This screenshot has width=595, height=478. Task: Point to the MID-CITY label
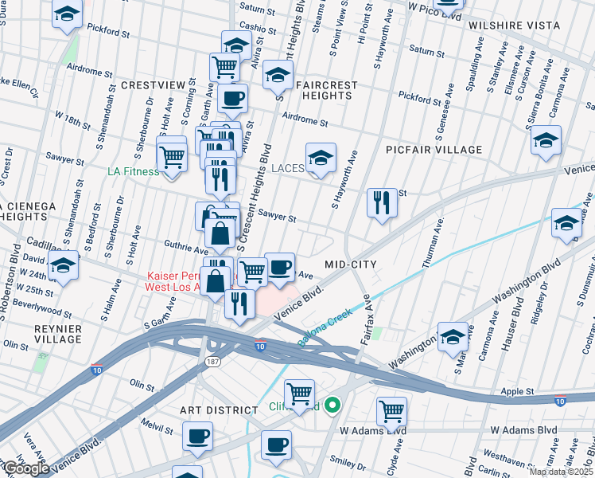coord(350,264)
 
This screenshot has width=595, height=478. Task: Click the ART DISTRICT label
coord(219,409)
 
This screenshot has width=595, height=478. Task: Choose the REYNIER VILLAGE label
coord(56,333)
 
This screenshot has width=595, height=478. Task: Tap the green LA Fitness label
coord(133,170)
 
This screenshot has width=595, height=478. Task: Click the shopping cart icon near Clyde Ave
coord(391,411)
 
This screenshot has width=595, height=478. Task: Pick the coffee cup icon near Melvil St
coord(197,436)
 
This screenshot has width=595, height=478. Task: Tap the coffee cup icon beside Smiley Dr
coord(276,445)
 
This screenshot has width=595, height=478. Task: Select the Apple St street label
coord(517,392)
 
